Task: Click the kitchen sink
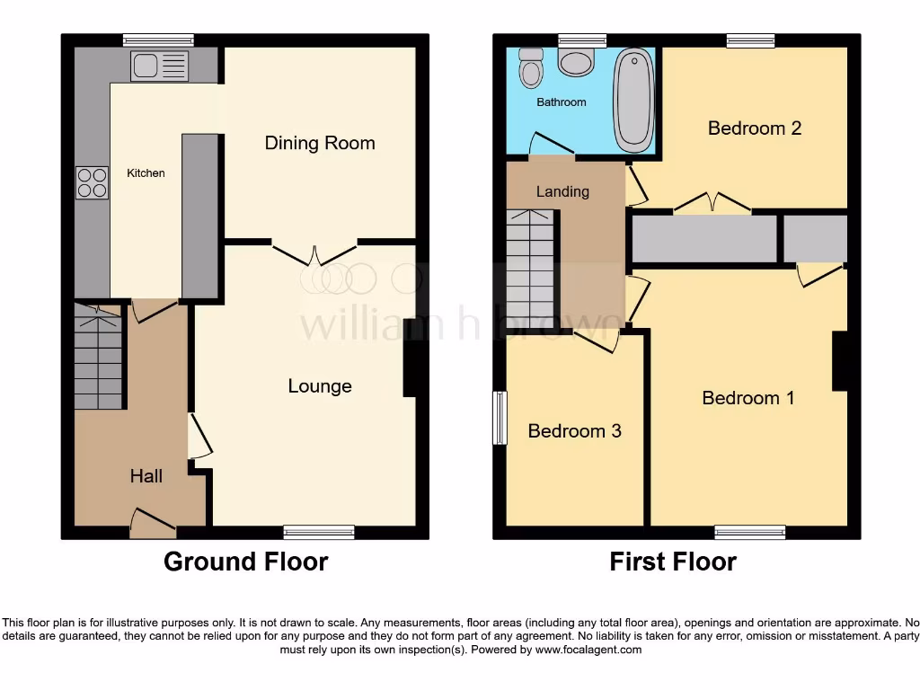[x=159, y=66]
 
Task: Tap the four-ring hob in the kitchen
[x=92, y=182]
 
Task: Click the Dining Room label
[x=319, y=143]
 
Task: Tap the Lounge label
[x=319, y=386]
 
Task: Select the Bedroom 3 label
[x=574, y=431]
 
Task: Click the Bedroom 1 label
[x=747, y=398]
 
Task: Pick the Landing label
[x=562, y=191]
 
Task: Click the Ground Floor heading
[x=245, y=562]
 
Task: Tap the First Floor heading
[x=673, y=562]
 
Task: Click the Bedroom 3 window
[x=500, y=418]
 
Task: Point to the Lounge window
[x=318, y=532]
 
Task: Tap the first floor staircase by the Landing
[x=530, y=270]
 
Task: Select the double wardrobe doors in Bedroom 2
[x=712, y=203]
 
